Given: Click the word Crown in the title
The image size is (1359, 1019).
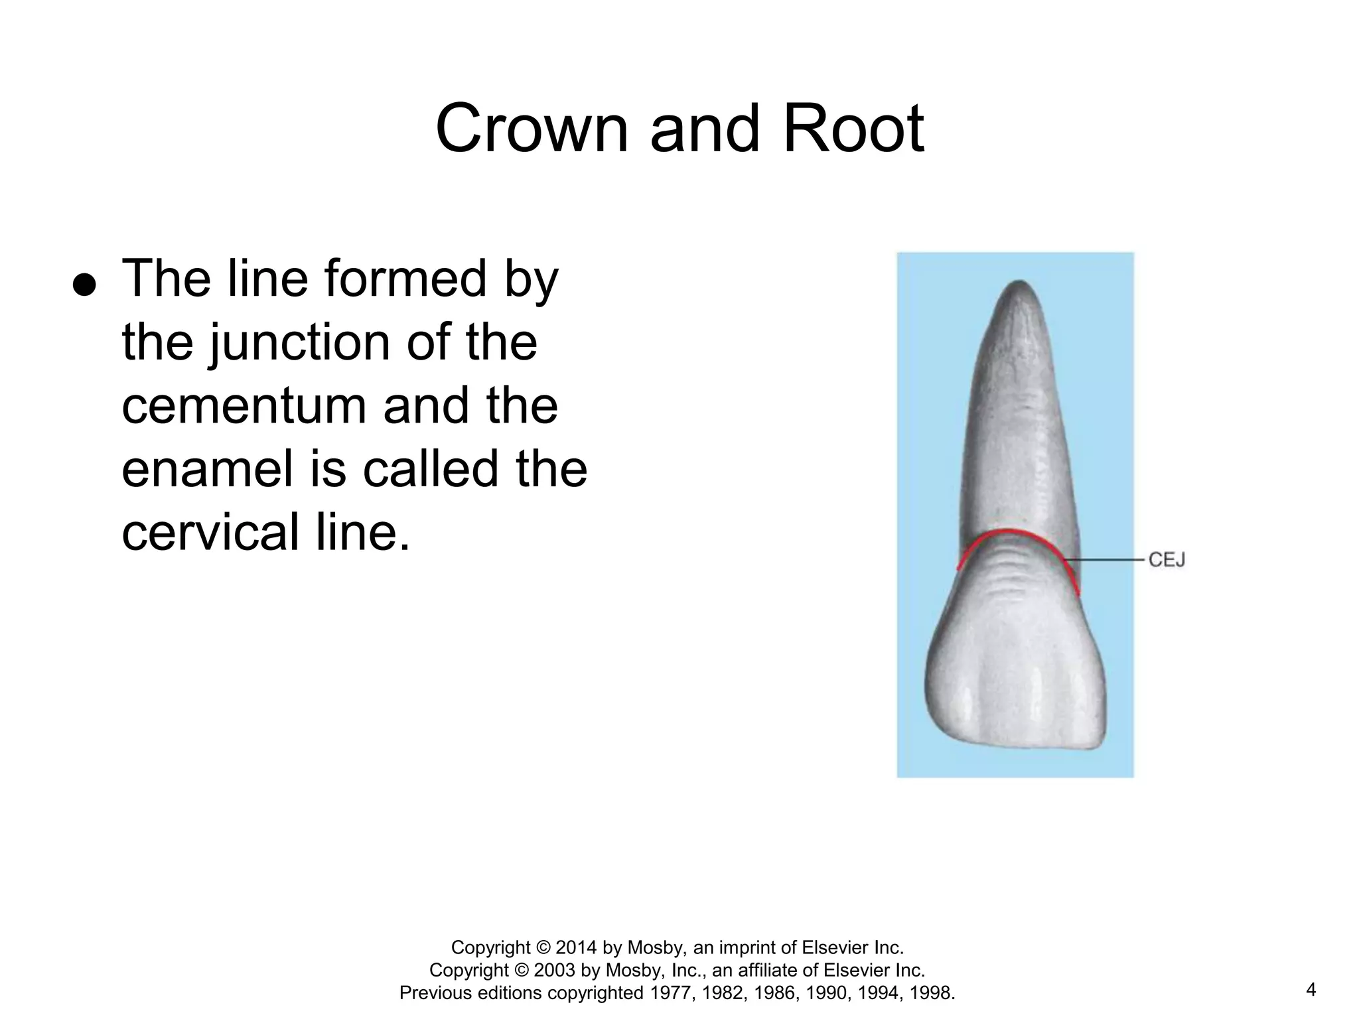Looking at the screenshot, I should (x=531, y=129).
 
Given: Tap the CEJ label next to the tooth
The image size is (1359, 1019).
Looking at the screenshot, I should (x=1167, y=560).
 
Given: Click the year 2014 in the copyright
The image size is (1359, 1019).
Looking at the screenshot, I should (x=577, y=947).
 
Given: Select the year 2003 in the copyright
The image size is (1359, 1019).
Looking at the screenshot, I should (x=555, y=970).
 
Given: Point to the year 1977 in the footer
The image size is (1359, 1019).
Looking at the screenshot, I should (x=671, y=993).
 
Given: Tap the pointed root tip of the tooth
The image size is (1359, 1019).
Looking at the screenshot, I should (x=1020, y=284).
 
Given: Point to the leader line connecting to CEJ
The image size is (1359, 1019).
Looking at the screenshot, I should (x=1108, y=560).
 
